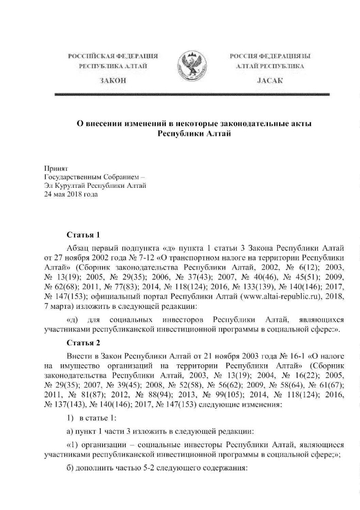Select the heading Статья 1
(83, 235)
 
